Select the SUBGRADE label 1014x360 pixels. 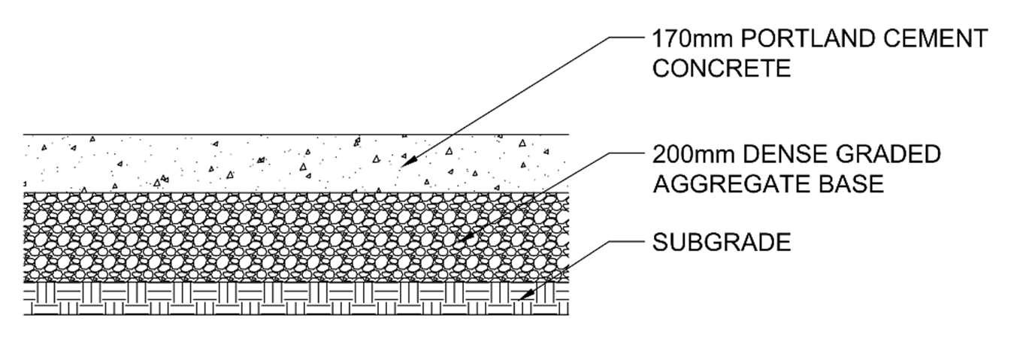click(x=722, y=243)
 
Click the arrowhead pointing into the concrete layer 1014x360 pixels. click(x=406, y=162)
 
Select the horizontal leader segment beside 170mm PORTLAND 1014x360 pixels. click(x=627, y=38)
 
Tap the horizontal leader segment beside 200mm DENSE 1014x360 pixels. click(x=627, y=154)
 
